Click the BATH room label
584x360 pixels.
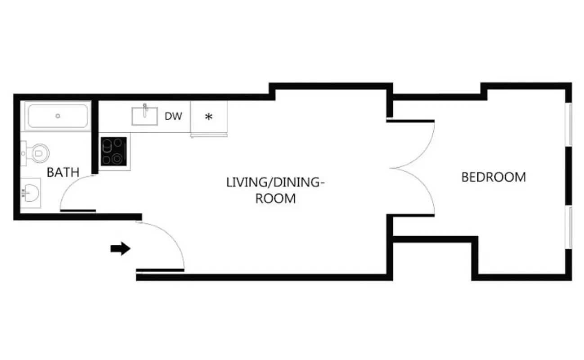[x=63, y=172]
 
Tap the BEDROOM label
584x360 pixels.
[x=494, y=177]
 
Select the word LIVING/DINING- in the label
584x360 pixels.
[x=275, y=183]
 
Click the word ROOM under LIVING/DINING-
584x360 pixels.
[x=275, y=198]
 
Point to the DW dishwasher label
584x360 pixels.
[x=173, y=117]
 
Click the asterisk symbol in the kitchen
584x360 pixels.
[x=208, y=117]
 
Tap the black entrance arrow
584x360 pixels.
[x=120, y=248]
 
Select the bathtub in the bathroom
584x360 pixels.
[x=58, y=116]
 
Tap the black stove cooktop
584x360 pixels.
[x=113, y=151]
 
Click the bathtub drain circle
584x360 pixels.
[x=58, y=116]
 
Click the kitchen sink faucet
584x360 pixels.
[x=145, y=108]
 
